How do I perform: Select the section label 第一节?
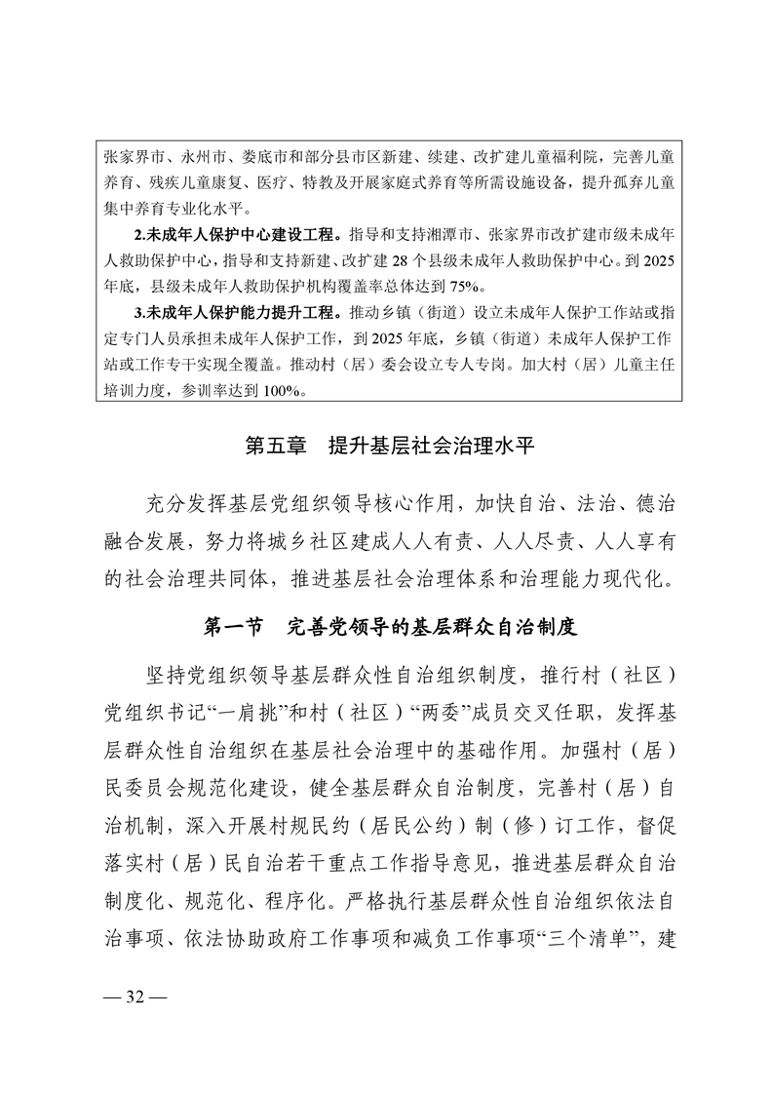coord(234,626)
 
